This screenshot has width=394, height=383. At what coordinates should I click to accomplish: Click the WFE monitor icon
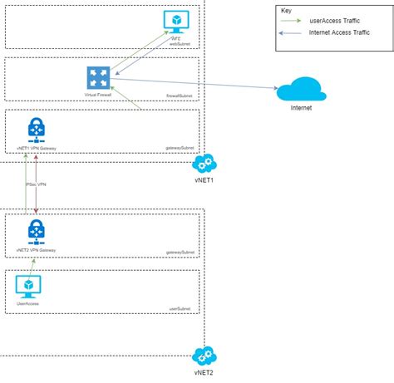pos(175,22)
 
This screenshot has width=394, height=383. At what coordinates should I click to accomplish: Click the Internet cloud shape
pos(301,90)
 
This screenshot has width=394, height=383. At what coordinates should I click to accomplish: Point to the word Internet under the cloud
pos(301,109)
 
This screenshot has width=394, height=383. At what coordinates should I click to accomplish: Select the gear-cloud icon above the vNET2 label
pos(204,356)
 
